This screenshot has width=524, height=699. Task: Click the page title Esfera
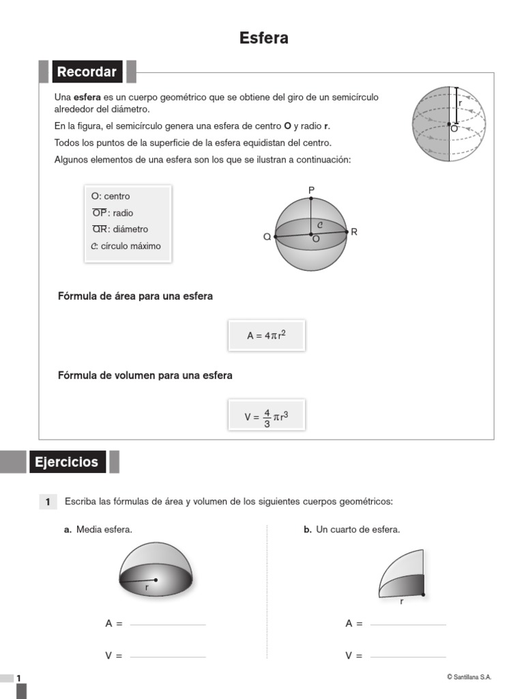(x=263, y=38)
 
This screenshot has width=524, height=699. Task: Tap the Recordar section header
(x=87, y=72)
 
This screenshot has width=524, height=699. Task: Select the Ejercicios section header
(x=67, y=462)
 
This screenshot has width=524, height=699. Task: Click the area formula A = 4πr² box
(x=266, y=335)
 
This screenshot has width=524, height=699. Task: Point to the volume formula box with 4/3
(x=266, y=415)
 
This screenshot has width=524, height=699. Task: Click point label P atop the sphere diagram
(x=311, y=189)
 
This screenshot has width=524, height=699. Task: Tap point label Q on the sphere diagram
(x=267, y=237)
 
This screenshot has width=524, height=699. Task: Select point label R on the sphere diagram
(x=354, y=232)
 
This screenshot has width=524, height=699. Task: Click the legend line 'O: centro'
(x=111, y=197)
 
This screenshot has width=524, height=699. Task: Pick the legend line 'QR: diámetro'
(x=120, y=229)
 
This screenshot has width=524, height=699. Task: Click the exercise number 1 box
(x=48, y=502)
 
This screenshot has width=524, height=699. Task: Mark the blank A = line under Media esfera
(x=167, y=624)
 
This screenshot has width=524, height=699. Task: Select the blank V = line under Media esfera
(x=167, y=657)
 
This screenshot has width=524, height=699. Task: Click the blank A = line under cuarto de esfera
(x=407, y=624)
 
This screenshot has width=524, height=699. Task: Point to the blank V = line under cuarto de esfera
(x=407, y=657)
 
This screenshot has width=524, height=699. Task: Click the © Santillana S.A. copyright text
(x=469, y=677)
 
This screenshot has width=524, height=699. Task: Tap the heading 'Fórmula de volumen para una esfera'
(x=145, y=375)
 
